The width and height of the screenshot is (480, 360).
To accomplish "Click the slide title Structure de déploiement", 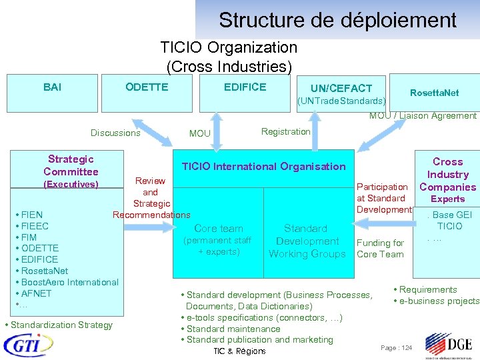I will (x=337, y=20).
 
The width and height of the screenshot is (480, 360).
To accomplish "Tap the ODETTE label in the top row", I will (x=147, y=87).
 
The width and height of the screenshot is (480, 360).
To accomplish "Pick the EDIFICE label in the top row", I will (x=245, y=87).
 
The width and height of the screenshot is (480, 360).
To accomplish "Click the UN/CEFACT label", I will (x=341, y=89).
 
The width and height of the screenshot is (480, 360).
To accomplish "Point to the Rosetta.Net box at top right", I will (x=434, y=93).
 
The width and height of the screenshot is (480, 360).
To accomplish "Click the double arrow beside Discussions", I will (x=153, y=131).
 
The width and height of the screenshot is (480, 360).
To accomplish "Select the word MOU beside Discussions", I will (x=199, y=133).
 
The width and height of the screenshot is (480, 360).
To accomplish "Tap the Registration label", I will (x=285, y=131).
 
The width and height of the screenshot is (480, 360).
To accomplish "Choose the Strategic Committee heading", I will (x=71, y=165).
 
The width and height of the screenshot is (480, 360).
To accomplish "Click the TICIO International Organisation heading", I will (x=264, y=167).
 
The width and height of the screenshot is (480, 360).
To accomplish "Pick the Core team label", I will (x=219, y=229).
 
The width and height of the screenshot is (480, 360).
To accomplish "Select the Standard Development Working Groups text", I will (x=307, y=241).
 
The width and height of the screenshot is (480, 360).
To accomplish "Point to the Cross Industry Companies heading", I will (x=447, y=174).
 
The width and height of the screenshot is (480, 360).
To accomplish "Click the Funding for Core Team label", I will (x=380, y=248).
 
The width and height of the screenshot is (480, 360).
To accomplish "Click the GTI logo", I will (x=29, y=345).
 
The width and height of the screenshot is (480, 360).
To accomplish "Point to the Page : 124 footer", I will (x=396, y=348).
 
